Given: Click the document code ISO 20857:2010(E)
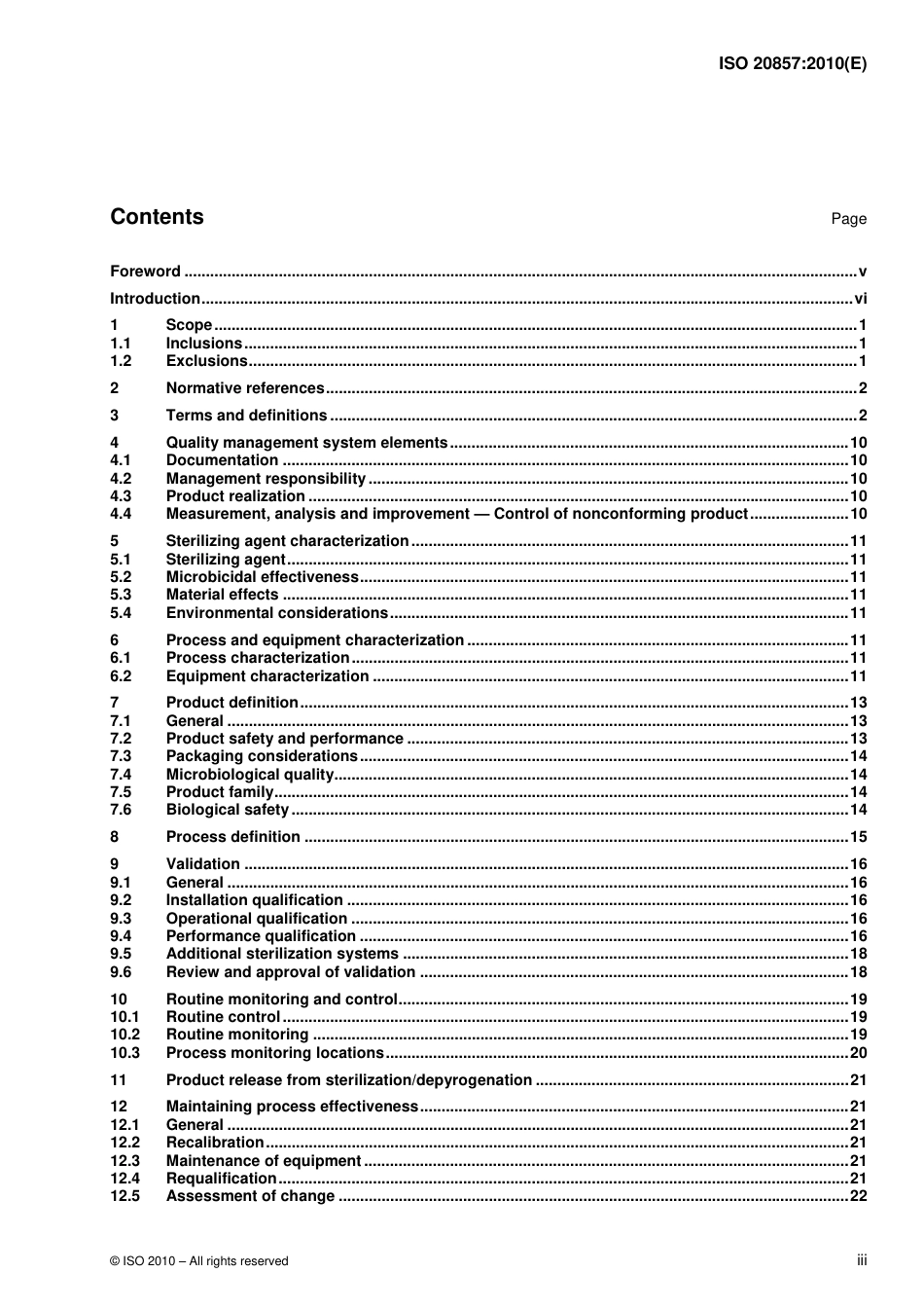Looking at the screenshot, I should pyautogui.click(x=792, y=64).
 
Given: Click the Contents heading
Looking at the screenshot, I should pyautogui.click(x=157, y=217).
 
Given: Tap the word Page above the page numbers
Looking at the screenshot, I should pyautogui.click(x=848, y=219).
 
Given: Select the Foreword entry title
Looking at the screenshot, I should pyautogui.click(x=145, y=272).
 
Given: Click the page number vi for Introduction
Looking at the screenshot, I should pyautogui.click(x=860, y=299).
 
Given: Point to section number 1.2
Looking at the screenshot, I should pyautogui.click(x=121, y=361).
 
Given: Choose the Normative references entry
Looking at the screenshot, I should pyautogui.click(x=245, y=388).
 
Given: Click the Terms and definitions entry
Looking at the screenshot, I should pyautogui.click(x=246, y=416).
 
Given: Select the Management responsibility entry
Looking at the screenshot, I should pyautogui.click(x=266, y=479).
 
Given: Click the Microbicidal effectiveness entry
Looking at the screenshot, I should pyautogui.click(x=263, y=577).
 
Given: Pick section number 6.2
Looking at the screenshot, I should pyautogui.click(x=121, y=676).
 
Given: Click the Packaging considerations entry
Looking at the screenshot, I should pyautogui.click(x=262, y=756).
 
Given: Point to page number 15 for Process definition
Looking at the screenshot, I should pyautogui.click(x=858, y=837).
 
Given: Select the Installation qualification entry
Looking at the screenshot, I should pyautogui.click(x=254, y=900).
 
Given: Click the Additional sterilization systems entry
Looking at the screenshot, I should pyautogui.click(x=282, y=954).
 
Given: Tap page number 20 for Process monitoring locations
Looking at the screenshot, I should pyautogui.click(x=858, y=1053).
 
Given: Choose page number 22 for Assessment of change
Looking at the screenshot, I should pyautogui.click(x=858, y=1196).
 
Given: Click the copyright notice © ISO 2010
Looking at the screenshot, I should pyautogui.click(x=198, y=1260).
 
